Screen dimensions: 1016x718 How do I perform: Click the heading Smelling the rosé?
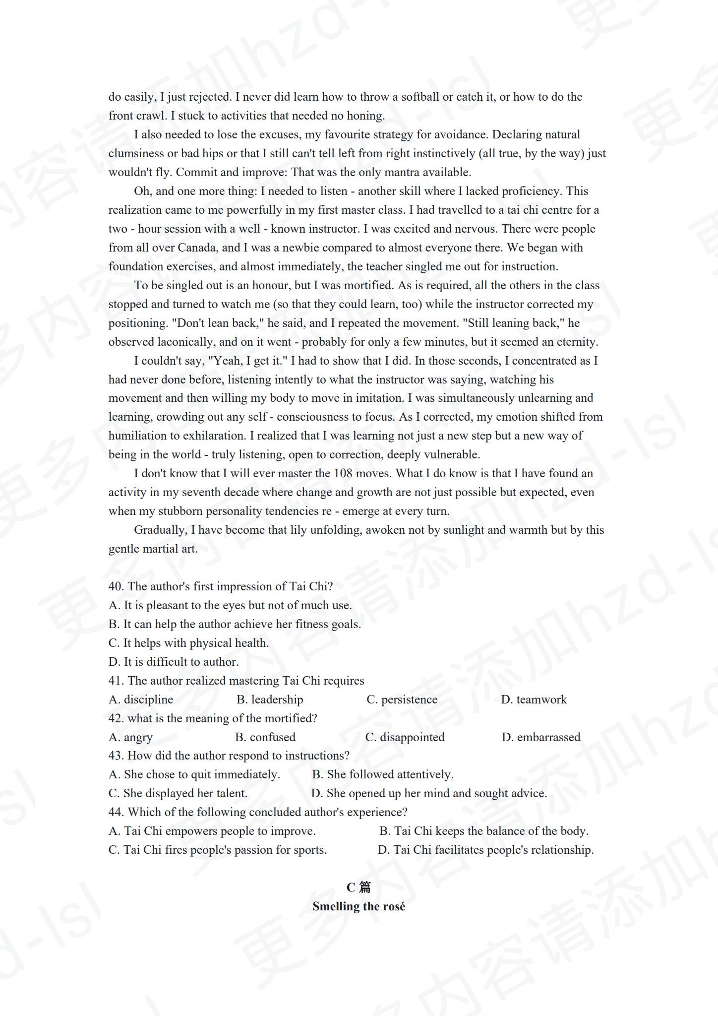pyautogui.click(x=359, y=906)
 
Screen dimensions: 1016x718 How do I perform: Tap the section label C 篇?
pyautogui.click(x=359, y=887)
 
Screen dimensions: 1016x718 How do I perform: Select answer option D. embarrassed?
pyautogui.click(x=540, y=737)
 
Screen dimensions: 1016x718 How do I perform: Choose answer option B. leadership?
pyautogui.click(x=270, y=699)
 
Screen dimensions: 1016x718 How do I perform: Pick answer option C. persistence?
pyautogui.click(x=402, y=699)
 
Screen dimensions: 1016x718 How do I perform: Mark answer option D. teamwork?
pyautogui.click(x=534, y=699)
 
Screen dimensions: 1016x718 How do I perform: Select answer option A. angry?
pyautogui.click(x=130, y=737)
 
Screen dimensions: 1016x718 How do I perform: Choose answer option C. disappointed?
pyautogui.click(x=405, y=737)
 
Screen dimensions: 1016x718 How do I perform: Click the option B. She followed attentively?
pyautogui.click(x=382, y=774)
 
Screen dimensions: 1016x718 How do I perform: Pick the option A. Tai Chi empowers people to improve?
pyautogui.click(x=212, y=831)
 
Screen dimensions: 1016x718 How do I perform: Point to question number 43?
pyautogui.click(x=117, y=756)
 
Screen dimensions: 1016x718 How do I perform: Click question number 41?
pyautogui.click(x=117, y=681)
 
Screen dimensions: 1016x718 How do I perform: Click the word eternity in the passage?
pyautogui.click(x=577, y=342)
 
